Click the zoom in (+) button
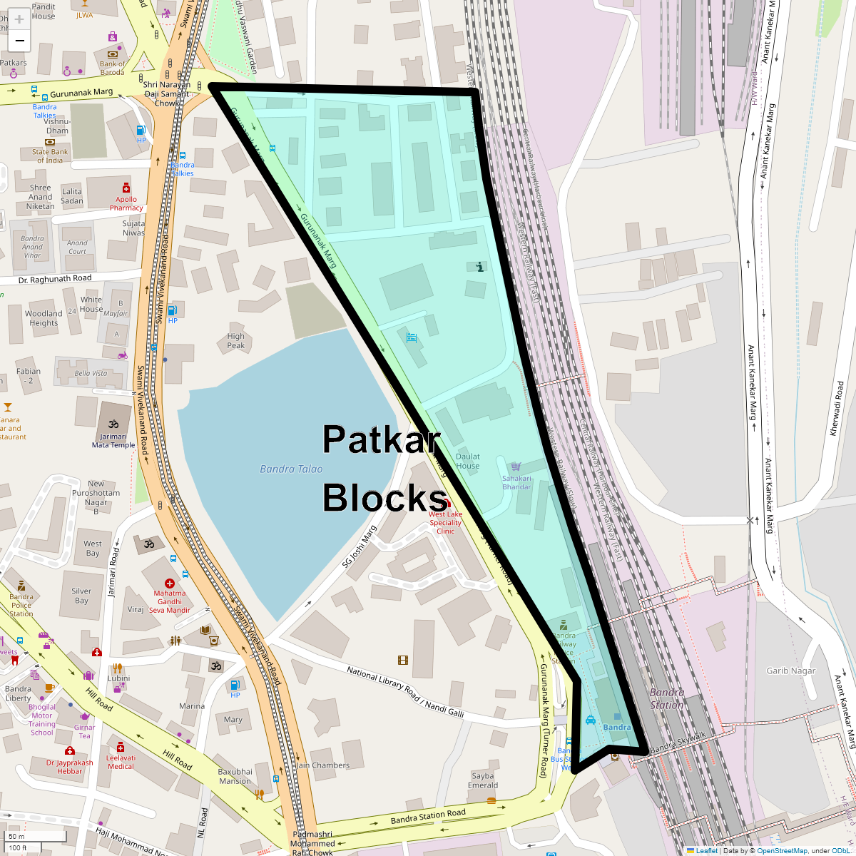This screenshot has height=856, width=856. pyautogui.click(x=19, y=19)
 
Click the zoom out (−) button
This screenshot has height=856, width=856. pyautogui.click(x=19, y=41)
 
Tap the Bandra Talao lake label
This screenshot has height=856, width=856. pyautogui.click(x=291, y=469)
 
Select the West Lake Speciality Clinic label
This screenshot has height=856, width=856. pyautogui.click(x=445, y=522)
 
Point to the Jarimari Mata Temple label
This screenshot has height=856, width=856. pyautogui.click(x=113, y=441)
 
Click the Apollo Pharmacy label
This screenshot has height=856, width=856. pyautogui.click(x=126, y=204)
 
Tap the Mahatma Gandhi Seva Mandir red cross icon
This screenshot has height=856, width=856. pyautogui.click(x=170, y=584)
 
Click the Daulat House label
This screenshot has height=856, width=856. pyautogui.click(x=468, y=461)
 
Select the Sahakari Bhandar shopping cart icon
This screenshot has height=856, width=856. pyautogui.click(x=516, y=467)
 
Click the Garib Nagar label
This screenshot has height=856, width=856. pyautogui.click(x=791, y=671)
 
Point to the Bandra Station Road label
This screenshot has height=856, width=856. pyautogui.click(x=428, y=817)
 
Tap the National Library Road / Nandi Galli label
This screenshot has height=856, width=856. pyautogui.click(x=405, y=692)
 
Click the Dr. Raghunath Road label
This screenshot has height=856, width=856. pyautogui.click(x=55, y=279)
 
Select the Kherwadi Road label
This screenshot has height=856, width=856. pyautogui.click(x=840, y=409)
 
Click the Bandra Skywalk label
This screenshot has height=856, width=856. pyautogui.click(x=678, y=743)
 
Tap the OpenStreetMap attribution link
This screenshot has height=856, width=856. pyautogui.click(x=782, y=850)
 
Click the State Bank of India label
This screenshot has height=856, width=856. pyautogui.click(x=50, y=156)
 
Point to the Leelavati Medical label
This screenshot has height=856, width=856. pyautogui.click(x=121, y=762)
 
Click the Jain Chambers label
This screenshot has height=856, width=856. pyautogui.click(x=322, y=765)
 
